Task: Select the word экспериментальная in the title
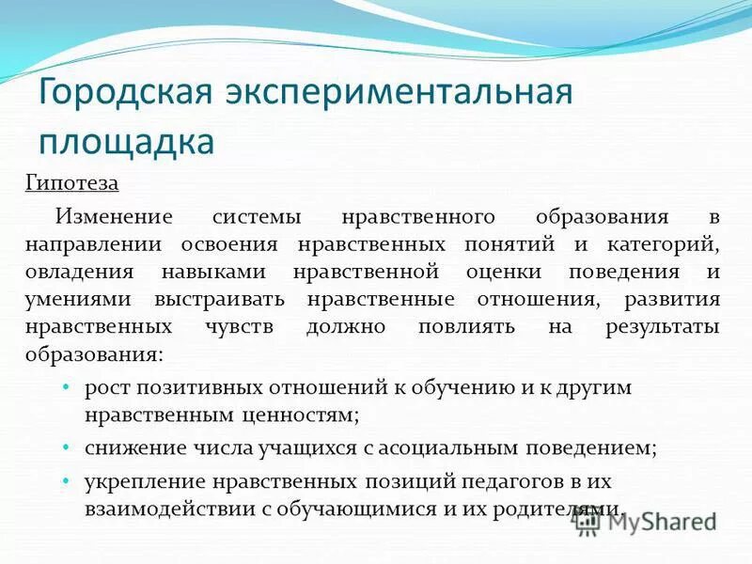[399, 95]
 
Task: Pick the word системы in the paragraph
[257, 217]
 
